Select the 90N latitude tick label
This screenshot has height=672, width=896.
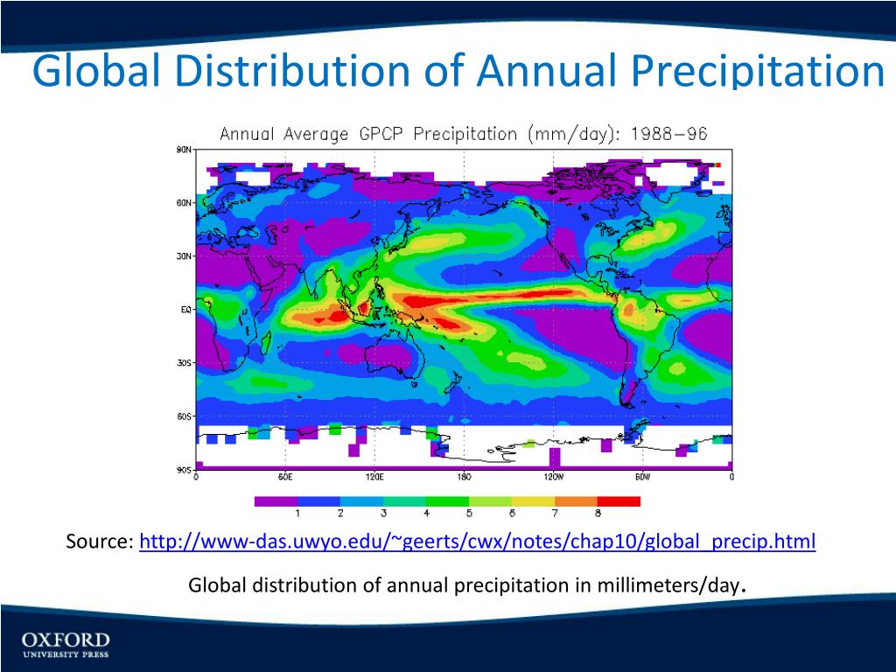click(x=184, y=150)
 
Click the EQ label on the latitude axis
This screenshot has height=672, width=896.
click(x=185, y=310)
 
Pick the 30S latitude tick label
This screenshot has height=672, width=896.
click(x=184, y=363)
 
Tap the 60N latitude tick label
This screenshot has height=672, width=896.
click(x=184, y=203)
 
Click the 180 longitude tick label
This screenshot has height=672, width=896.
click(x=464, y=478)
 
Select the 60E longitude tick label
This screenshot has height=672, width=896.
click(x=285, y=478)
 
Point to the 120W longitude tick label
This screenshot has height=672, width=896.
click(x=553, y=478)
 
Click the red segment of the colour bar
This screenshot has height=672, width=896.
click(x=619, y=501)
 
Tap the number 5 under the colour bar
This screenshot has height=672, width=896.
click(x=469, y=513)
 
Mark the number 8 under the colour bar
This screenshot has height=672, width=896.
click(x=598, y=513)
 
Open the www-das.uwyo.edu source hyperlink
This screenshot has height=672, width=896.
click(x=477, y=542)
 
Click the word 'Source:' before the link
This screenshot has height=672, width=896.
click(x=100, y=542)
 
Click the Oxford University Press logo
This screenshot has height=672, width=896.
click(x=66, y=643)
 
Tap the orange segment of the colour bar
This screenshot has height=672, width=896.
click(x=576, y=501)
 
